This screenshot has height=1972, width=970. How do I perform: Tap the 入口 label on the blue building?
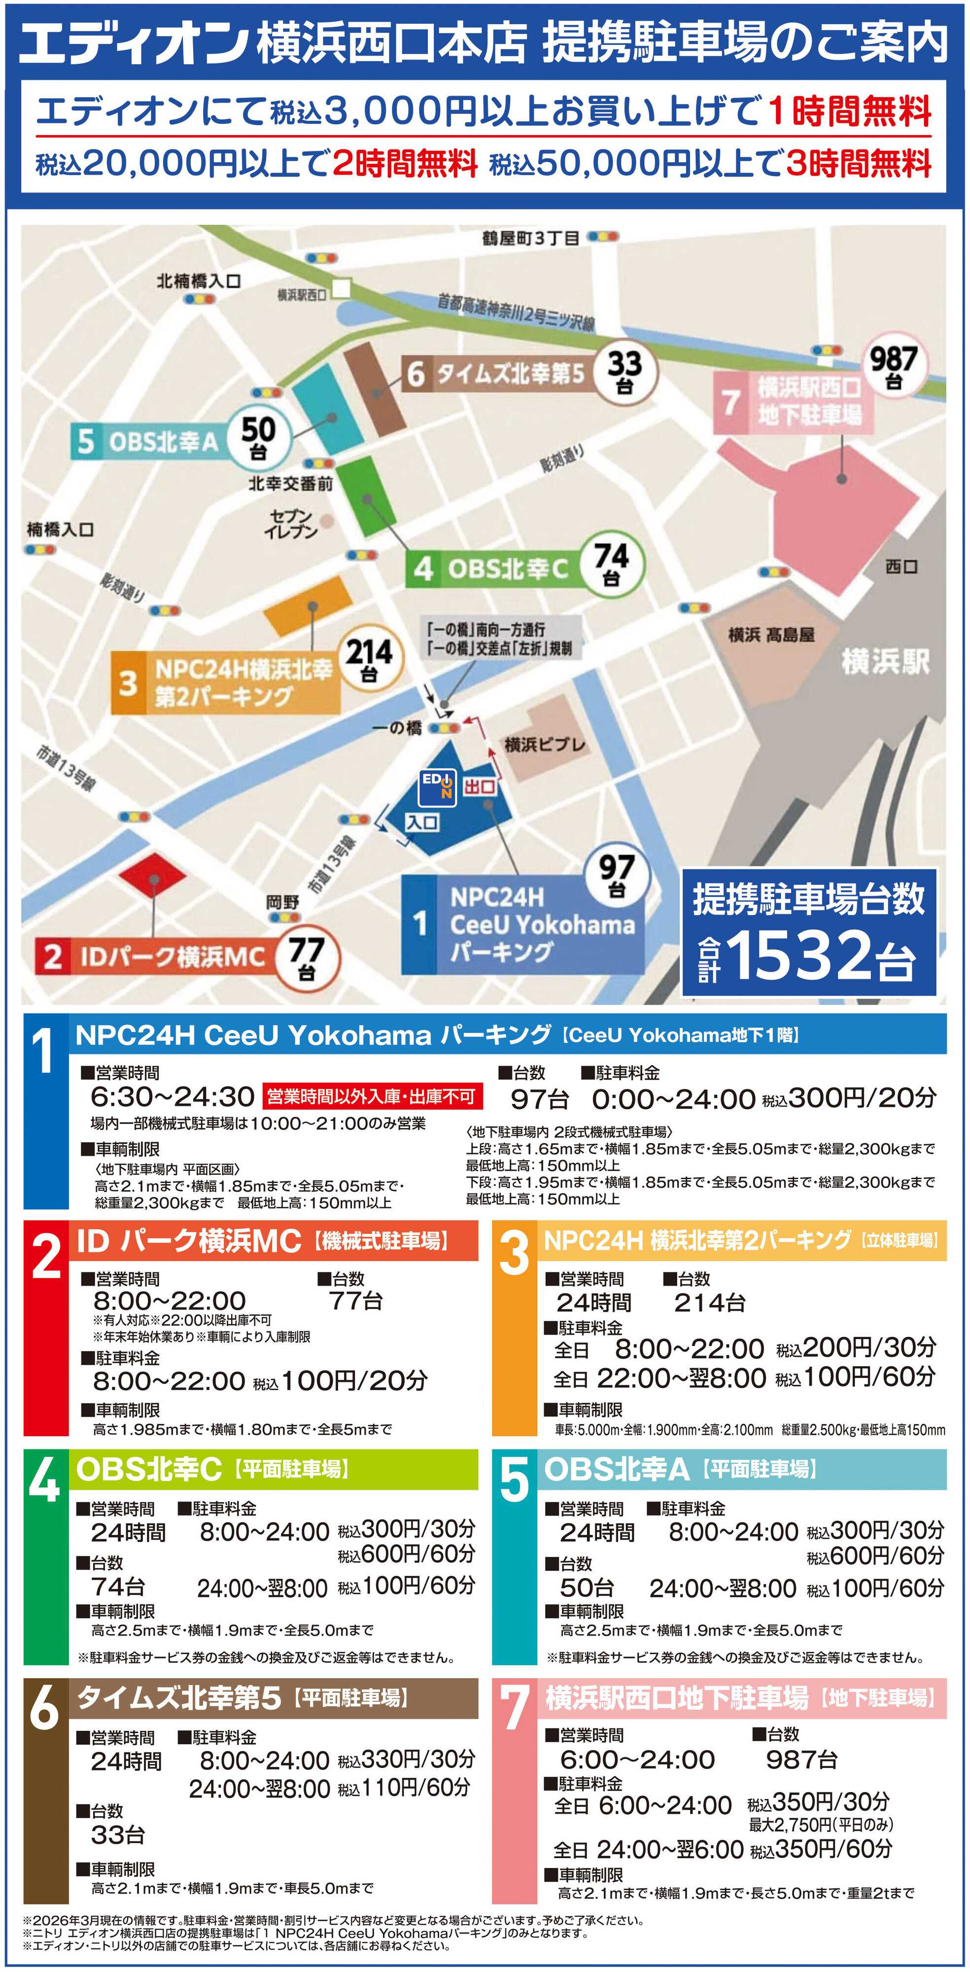pos(422,823)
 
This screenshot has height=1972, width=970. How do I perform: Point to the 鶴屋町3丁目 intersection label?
pos(530,238)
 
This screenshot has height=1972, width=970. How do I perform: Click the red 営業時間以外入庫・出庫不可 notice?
pos(371,1097)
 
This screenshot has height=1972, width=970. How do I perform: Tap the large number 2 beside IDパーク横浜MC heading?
pos(46,1257)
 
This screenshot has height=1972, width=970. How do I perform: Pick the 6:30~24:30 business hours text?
pos(172,1097)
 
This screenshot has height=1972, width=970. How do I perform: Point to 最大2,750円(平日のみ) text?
pos(821,1824)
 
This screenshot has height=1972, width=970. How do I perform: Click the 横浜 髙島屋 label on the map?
pos(771,634)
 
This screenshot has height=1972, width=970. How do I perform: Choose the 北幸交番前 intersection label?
pos(290,484)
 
